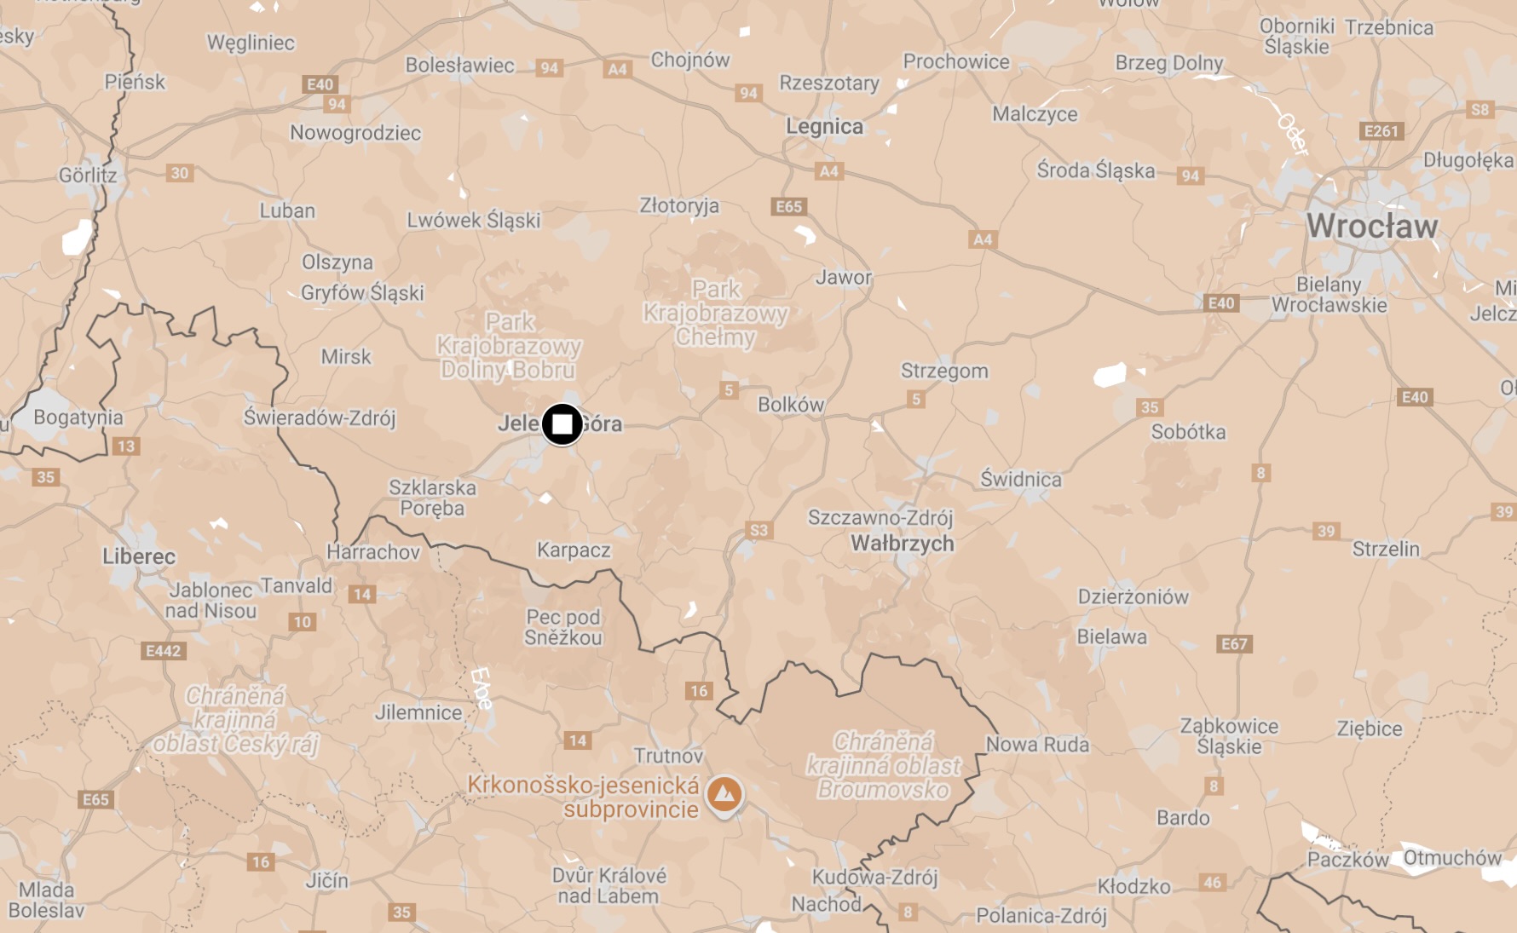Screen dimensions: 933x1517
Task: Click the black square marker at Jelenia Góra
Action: (562, 423)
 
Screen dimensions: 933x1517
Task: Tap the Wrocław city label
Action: (1372, 226)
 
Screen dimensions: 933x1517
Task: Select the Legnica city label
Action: (824, 127)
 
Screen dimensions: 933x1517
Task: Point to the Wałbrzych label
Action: (903, 544)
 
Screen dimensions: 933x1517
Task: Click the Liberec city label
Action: (139, 557)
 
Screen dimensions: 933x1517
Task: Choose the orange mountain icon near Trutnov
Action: (724, 794)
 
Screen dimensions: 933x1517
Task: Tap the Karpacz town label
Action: (574, 550)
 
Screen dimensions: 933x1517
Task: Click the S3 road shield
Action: (758, 530)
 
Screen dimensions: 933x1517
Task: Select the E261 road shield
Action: (1381, 131)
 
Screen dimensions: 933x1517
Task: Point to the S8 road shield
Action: (1480, 110)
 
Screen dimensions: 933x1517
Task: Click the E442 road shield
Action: (163, 651)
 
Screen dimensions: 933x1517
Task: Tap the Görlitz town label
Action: (88, 176)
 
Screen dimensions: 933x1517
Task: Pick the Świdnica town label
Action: (1021, 480)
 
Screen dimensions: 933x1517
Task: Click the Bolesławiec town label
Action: (459, 66)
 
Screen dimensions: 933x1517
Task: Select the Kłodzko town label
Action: (1133, 887)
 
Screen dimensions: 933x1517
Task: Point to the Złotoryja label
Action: (679, 206)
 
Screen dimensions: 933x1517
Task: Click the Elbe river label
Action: (482, 688)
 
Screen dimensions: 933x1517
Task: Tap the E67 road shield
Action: (1234, 644)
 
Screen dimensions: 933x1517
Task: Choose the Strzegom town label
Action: (944, 371)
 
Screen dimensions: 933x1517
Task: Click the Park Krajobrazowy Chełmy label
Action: (715, 314)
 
